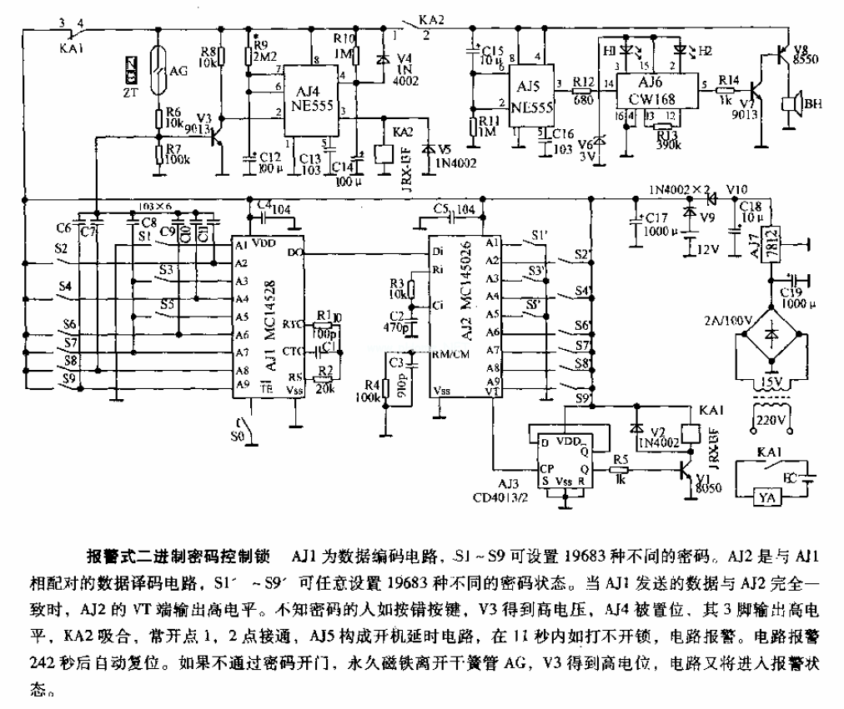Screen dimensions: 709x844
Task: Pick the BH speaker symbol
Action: pos(789,107)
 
